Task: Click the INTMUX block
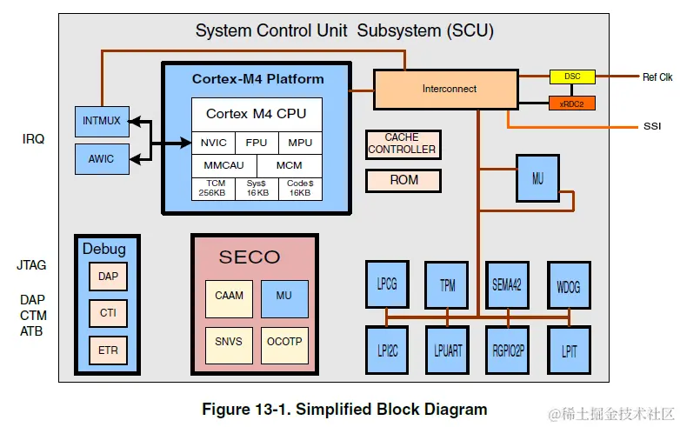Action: [101, 122]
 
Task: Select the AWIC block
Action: [101, 159]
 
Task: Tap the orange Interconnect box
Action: [450, 90]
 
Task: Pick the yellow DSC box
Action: [572, 77]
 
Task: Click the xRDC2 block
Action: [572, 103]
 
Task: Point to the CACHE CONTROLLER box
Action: [402, 143]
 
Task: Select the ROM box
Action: [403, 180]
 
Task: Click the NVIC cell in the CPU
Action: [213, 143]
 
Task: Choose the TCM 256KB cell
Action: [213, 188]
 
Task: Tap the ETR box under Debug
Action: [108, 350]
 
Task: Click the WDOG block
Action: [569, 284]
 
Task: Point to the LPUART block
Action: [447, 350]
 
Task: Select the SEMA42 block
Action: [507, 284]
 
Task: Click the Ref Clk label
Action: [657, 77]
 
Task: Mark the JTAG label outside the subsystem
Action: [31, 265]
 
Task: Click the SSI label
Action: [652, 127]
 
